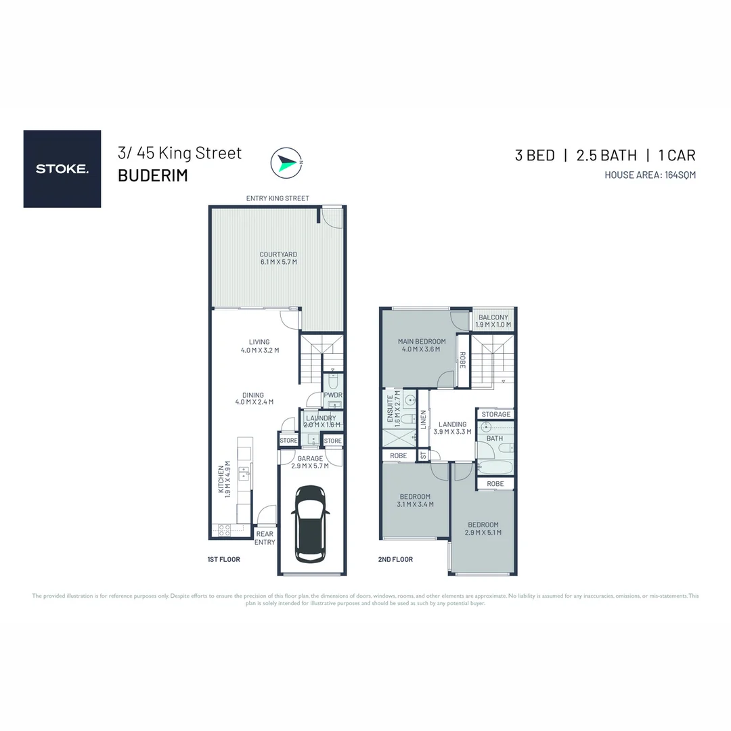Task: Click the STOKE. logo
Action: click(62, 169)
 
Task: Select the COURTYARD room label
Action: click(278, 254)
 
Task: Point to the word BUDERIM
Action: click(152, 175)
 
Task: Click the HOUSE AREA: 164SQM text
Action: click(650, 175)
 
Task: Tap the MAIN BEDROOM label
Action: click(421, 341)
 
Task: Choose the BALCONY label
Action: click(493, 317)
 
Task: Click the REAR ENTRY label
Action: click(265, 537)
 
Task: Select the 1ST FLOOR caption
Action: click(224, 560)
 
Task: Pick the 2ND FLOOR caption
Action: click(395, 560)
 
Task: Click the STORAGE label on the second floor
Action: click(496, 414)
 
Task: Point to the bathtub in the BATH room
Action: click(495, 467)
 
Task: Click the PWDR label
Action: click(332, 395)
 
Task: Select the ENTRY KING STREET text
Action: click(278, 198)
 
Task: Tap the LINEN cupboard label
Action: click(424, 420)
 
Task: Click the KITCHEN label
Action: click(221, 482)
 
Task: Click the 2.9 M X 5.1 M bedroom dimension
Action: click(483, 533)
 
